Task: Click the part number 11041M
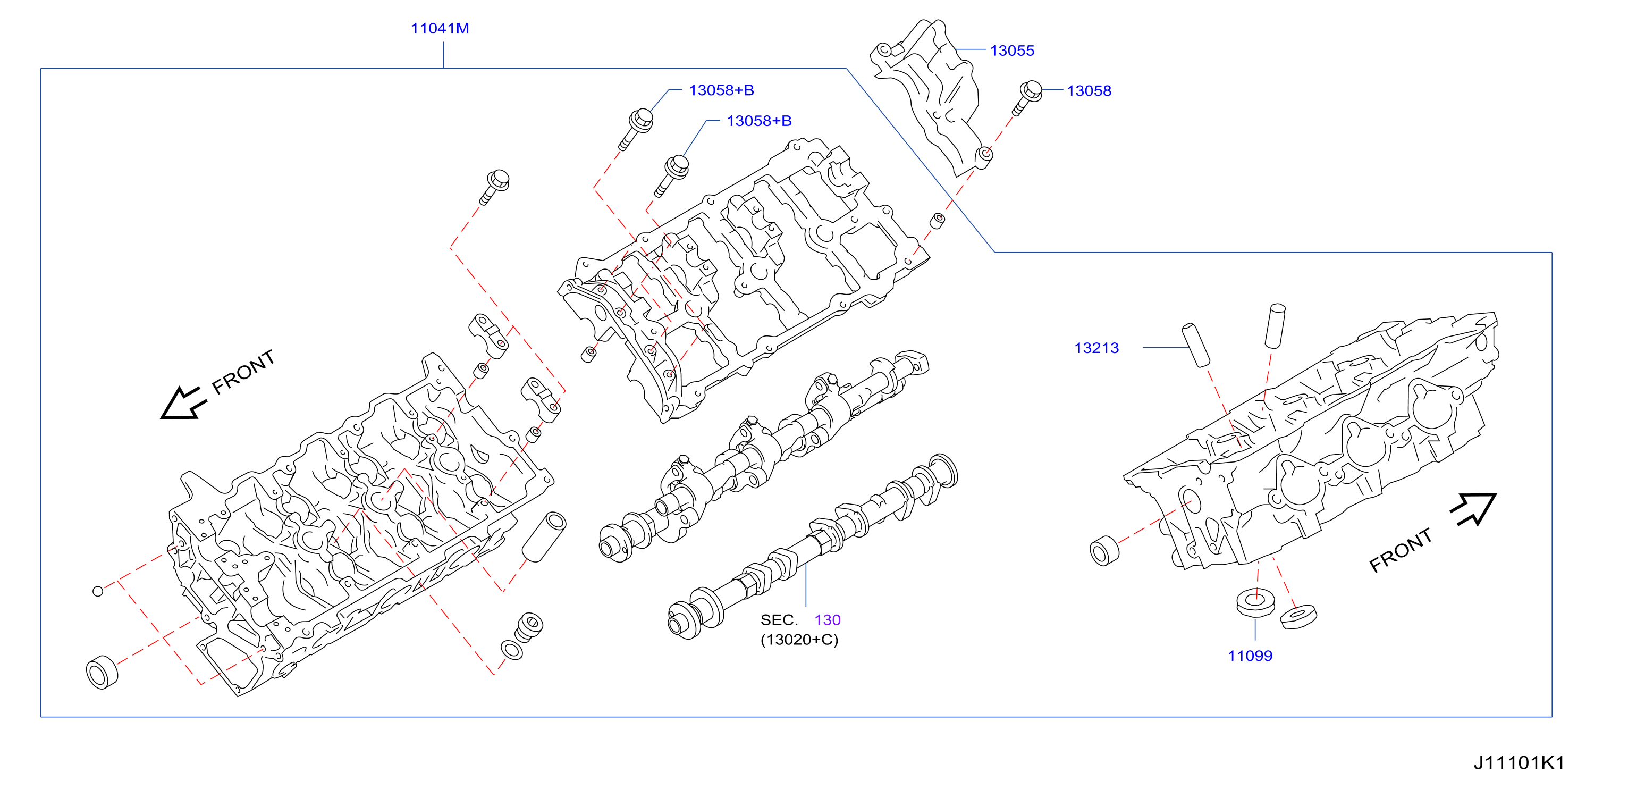(x=440, y=29)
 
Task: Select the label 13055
(x=1012, y=51)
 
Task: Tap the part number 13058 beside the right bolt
(x=1089, y=91)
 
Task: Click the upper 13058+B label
(x=721, y=90)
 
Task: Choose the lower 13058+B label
(x=759, y=121)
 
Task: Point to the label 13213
(x=1096, y=348)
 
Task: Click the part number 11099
(x=1250, y=656)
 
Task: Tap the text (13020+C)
(x=799, y=640)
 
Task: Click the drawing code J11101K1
(x=1519, y=762)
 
